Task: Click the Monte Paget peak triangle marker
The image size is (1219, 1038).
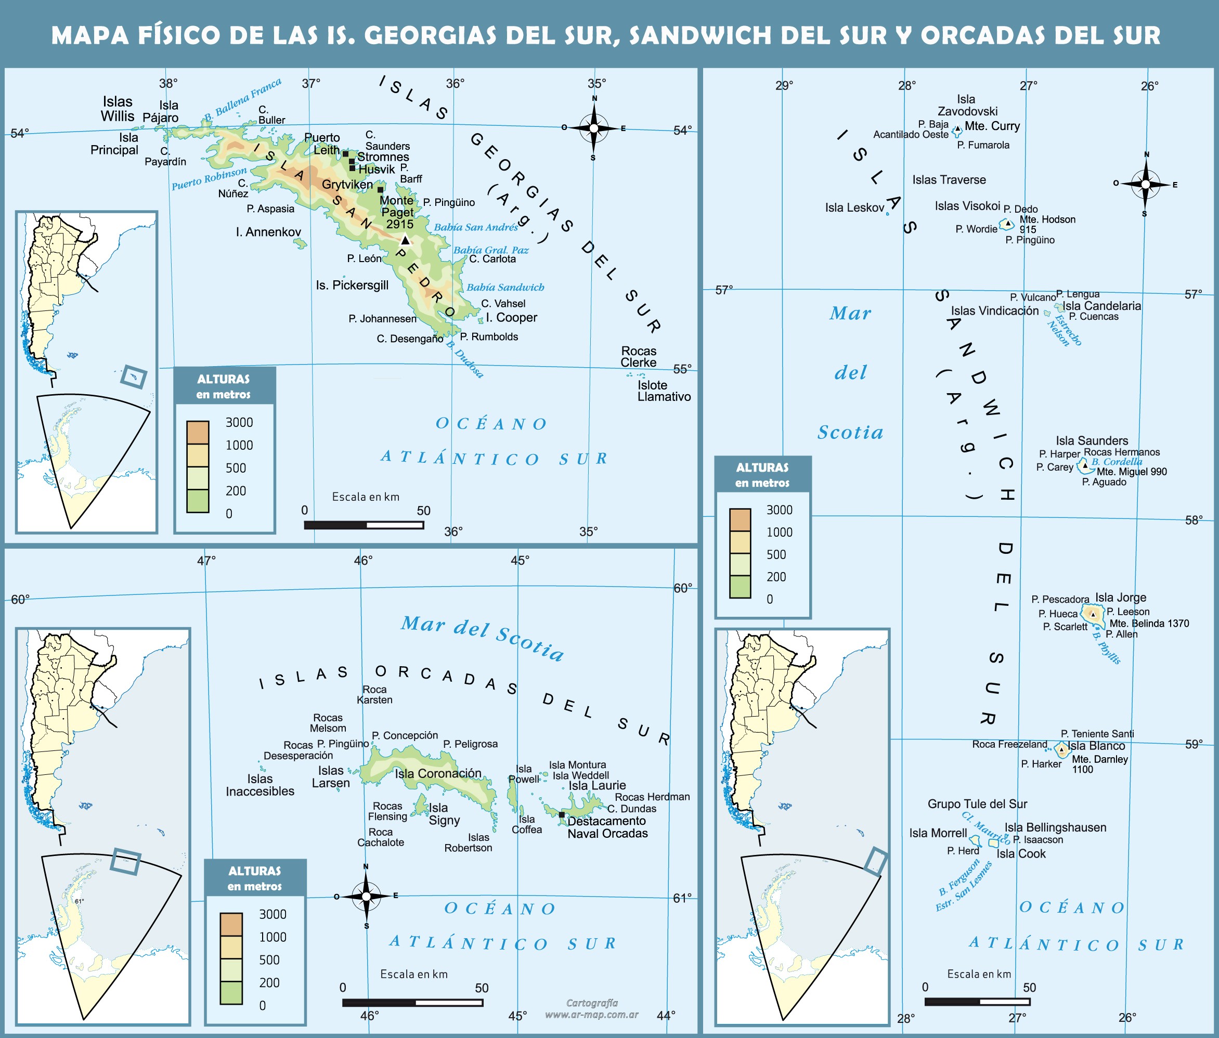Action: [405, 240]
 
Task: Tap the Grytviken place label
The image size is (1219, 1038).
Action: [347, 185]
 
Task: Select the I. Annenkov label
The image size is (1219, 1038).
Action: [268, 232]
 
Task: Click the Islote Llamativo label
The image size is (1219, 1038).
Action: [664, 391]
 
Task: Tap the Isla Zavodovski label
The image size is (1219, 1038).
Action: [967, 106]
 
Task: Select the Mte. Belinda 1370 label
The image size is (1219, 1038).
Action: [1148, 623]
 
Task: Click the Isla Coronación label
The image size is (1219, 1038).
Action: [438, 773]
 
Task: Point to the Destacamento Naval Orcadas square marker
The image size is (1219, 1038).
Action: [561, 815]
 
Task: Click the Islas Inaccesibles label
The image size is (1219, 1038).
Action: [260, 785]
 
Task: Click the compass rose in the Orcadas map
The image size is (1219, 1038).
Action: [366, 896]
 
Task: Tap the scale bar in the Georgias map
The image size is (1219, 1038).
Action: [364, 524]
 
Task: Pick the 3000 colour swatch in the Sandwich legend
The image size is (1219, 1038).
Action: [740, 520]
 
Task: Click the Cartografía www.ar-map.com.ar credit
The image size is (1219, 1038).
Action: [591, 1008]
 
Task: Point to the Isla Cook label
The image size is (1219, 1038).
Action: [1021, 853]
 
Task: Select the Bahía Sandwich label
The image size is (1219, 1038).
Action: [505, 287]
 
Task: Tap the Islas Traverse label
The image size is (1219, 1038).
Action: [949, 180]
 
